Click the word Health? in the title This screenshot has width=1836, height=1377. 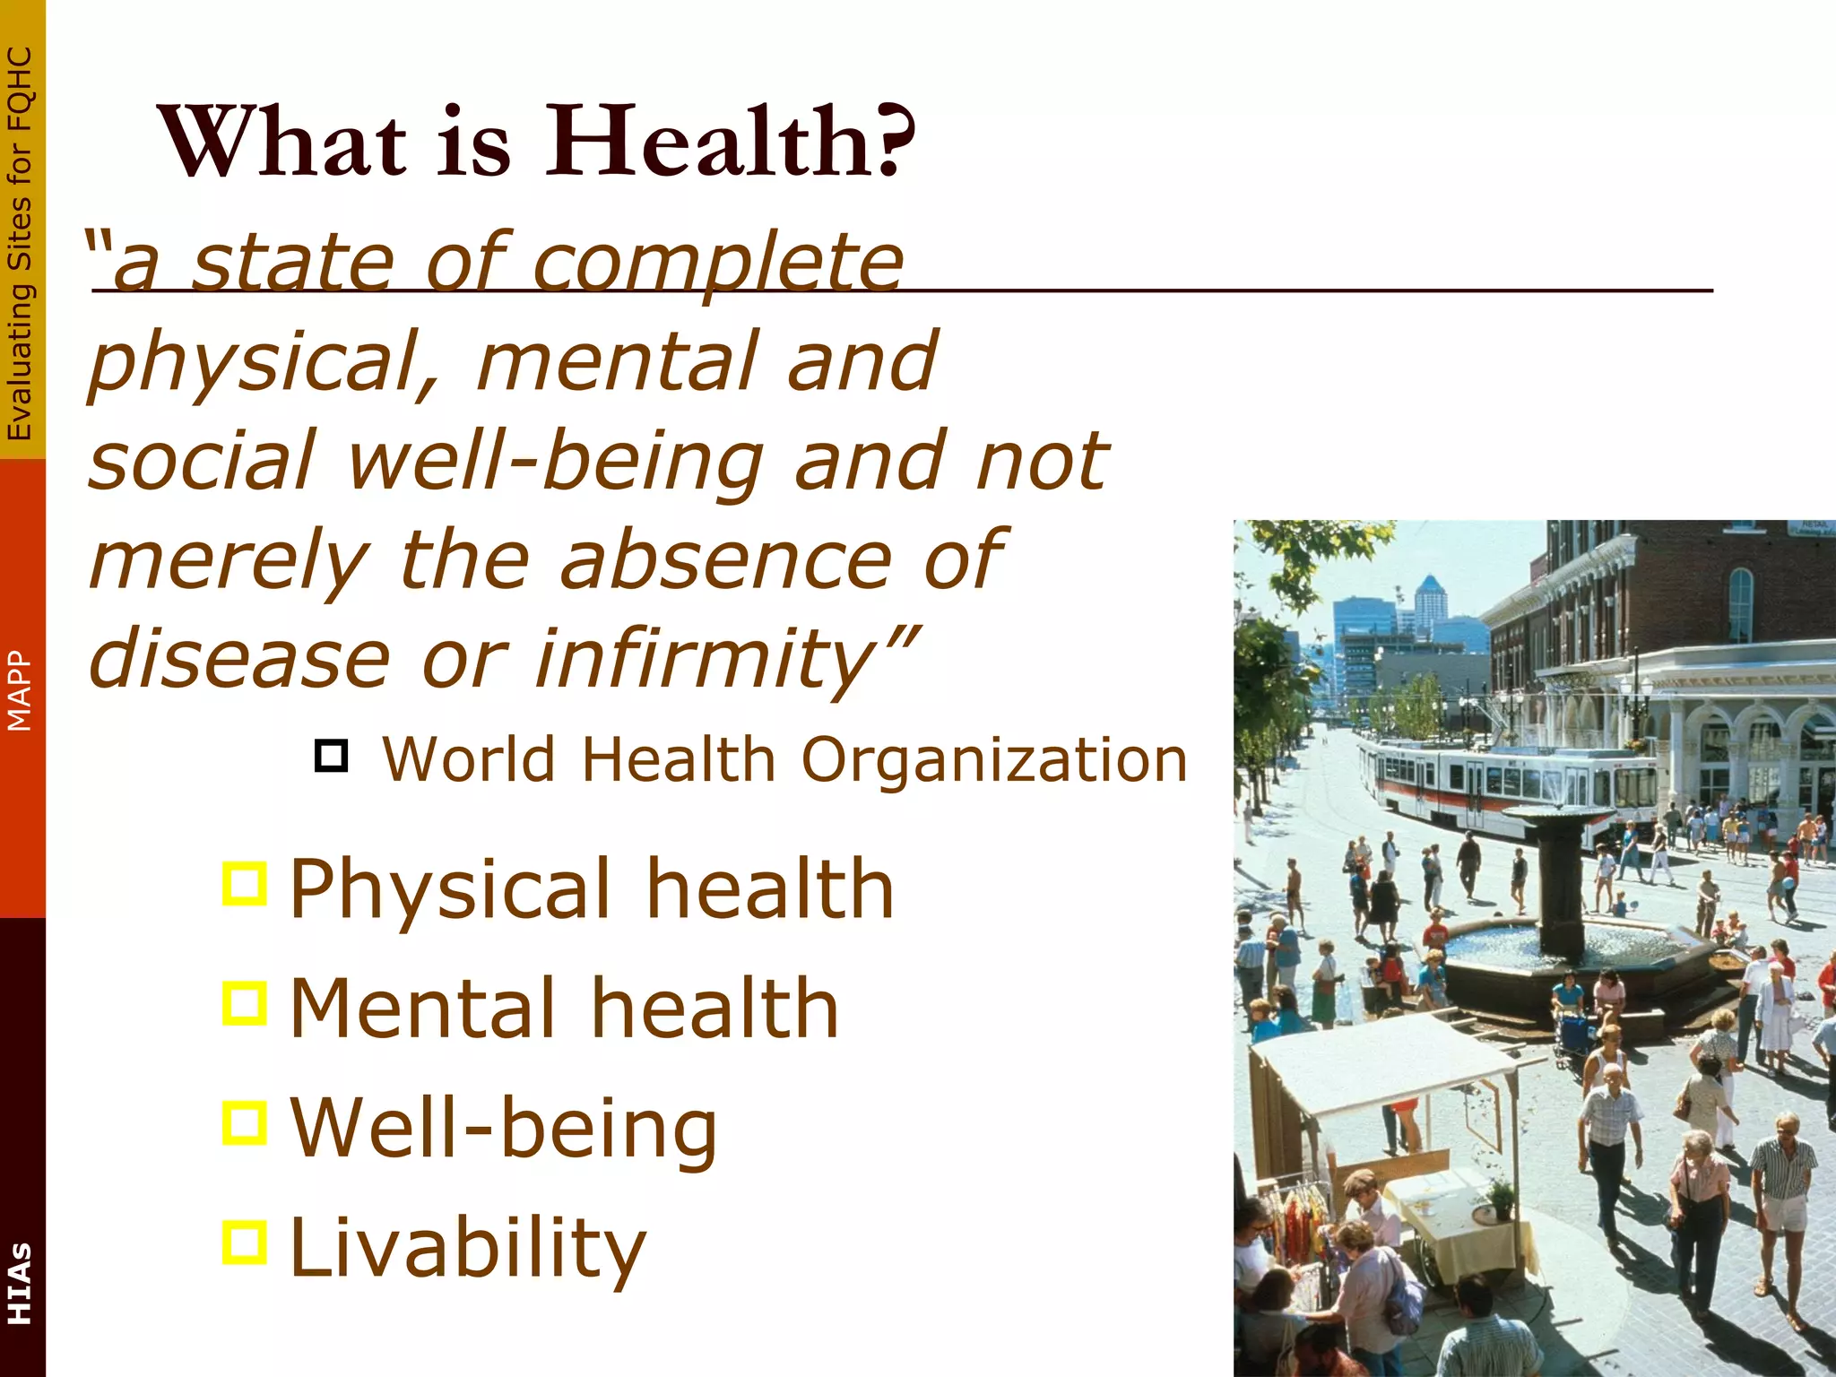click(731, 142)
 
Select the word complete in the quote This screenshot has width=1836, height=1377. click(717, 264)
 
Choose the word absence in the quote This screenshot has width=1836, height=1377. click(726, 560)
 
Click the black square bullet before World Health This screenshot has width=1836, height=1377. click(331, 756)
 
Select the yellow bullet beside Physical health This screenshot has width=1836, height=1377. click(245, 884)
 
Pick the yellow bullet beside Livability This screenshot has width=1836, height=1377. click(245, 1243)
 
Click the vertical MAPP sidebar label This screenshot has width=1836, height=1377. click(20, 690)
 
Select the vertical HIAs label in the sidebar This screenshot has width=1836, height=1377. click(20, 1282)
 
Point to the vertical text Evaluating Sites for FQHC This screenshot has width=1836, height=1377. click(20, 242)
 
